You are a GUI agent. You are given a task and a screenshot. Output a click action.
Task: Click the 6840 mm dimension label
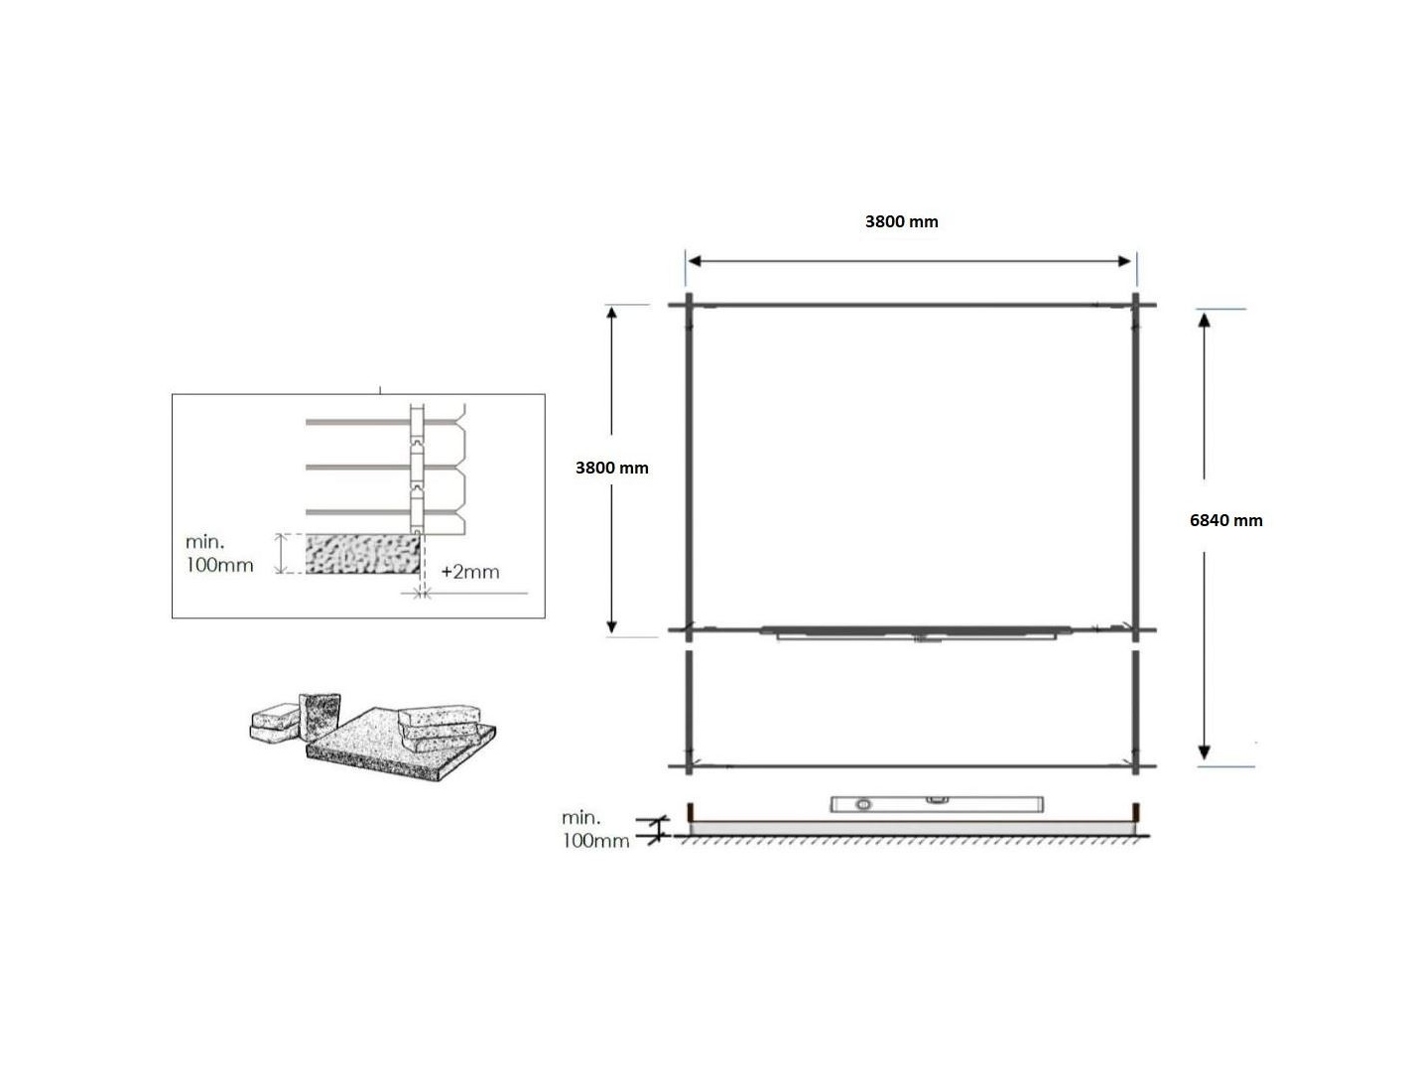pos(1225,520)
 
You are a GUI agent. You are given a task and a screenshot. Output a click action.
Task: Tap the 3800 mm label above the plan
pos(901,221)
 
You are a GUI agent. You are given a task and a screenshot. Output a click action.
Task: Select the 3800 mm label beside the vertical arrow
pos(611,468)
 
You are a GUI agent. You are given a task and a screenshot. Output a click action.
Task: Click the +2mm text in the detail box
pos(470,572)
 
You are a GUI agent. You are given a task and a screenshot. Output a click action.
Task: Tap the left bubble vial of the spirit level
pos(863,804)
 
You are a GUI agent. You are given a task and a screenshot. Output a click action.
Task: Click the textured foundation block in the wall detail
pos(363,554)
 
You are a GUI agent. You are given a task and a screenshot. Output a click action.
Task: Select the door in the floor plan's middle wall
pos(916,632)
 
